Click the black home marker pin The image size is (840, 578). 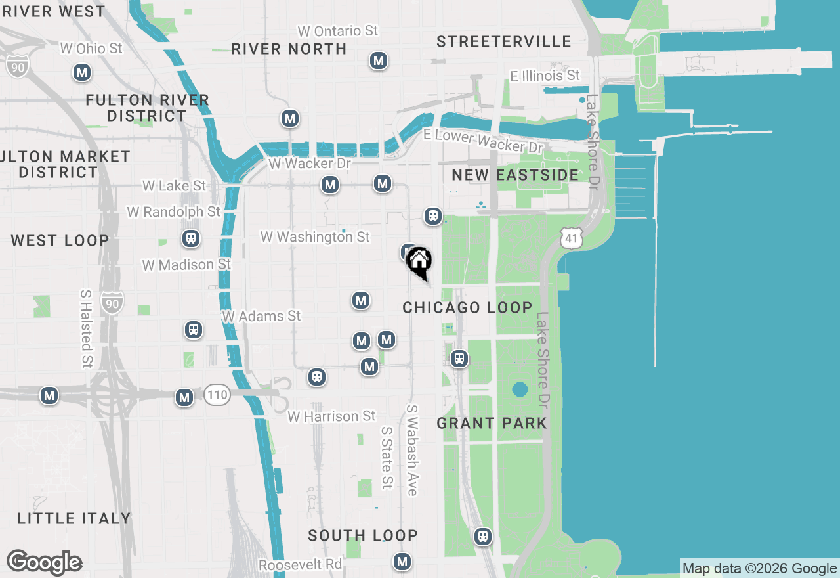point(419,262)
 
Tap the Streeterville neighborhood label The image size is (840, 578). point(504,42)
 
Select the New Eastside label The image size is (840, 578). point(515,175)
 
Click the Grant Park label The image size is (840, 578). point(492,423)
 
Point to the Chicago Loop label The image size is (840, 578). point(467,307)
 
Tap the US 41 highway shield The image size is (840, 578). point(572,239)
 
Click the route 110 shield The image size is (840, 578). point(217,395)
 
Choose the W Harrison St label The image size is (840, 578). point(331,416)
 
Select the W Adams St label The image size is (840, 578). point(261,316)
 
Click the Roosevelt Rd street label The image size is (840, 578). point(300,565)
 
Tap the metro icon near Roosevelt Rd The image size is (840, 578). point(402,562)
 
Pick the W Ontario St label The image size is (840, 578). point(338,31)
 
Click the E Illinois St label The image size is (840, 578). point(545,76)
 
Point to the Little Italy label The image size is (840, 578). point(74,518)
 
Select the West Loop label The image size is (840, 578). point(60,240)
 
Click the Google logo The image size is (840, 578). point(44,562)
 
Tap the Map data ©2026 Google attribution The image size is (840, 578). point(759,569)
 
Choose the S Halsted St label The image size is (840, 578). point(86,328)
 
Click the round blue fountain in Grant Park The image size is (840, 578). point(520,389)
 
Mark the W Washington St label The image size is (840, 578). point(315,236)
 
